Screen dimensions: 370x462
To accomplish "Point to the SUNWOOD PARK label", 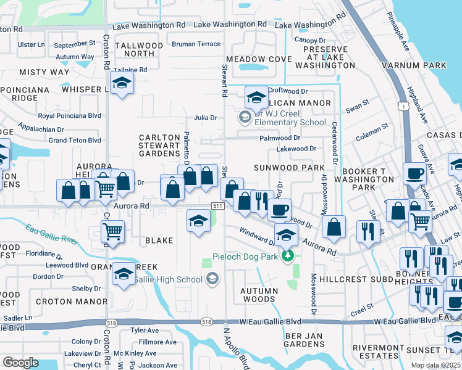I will (x=289, y=168).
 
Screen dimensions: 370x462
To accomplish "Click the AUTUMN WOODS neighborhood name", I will (x=259, y=295).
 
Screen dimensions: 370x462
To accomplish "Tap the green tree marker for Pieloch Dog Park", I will (x=287, y=255).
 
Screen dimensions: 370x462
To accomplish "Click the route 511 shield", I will (x=217, y=205).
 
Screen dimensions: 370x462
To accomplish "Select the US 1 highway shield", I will (x=402, y=107).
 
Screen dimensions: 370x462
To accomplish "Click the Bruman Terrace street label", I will (x=196, y=44).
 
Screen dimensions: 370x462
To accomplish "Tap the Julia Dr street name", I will (x=205, y=118).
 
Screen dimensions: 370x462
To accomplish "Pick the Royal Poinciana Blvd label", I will (x=69, y=115).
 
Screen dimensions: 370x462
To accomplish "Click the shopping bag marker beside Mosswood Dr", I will (x=334, y=226).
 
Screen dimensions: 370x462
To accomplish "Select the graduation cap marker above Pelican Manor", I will (x=256, y=96).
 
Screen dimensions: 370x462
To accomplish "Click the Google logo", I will (x=20, y=362).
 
